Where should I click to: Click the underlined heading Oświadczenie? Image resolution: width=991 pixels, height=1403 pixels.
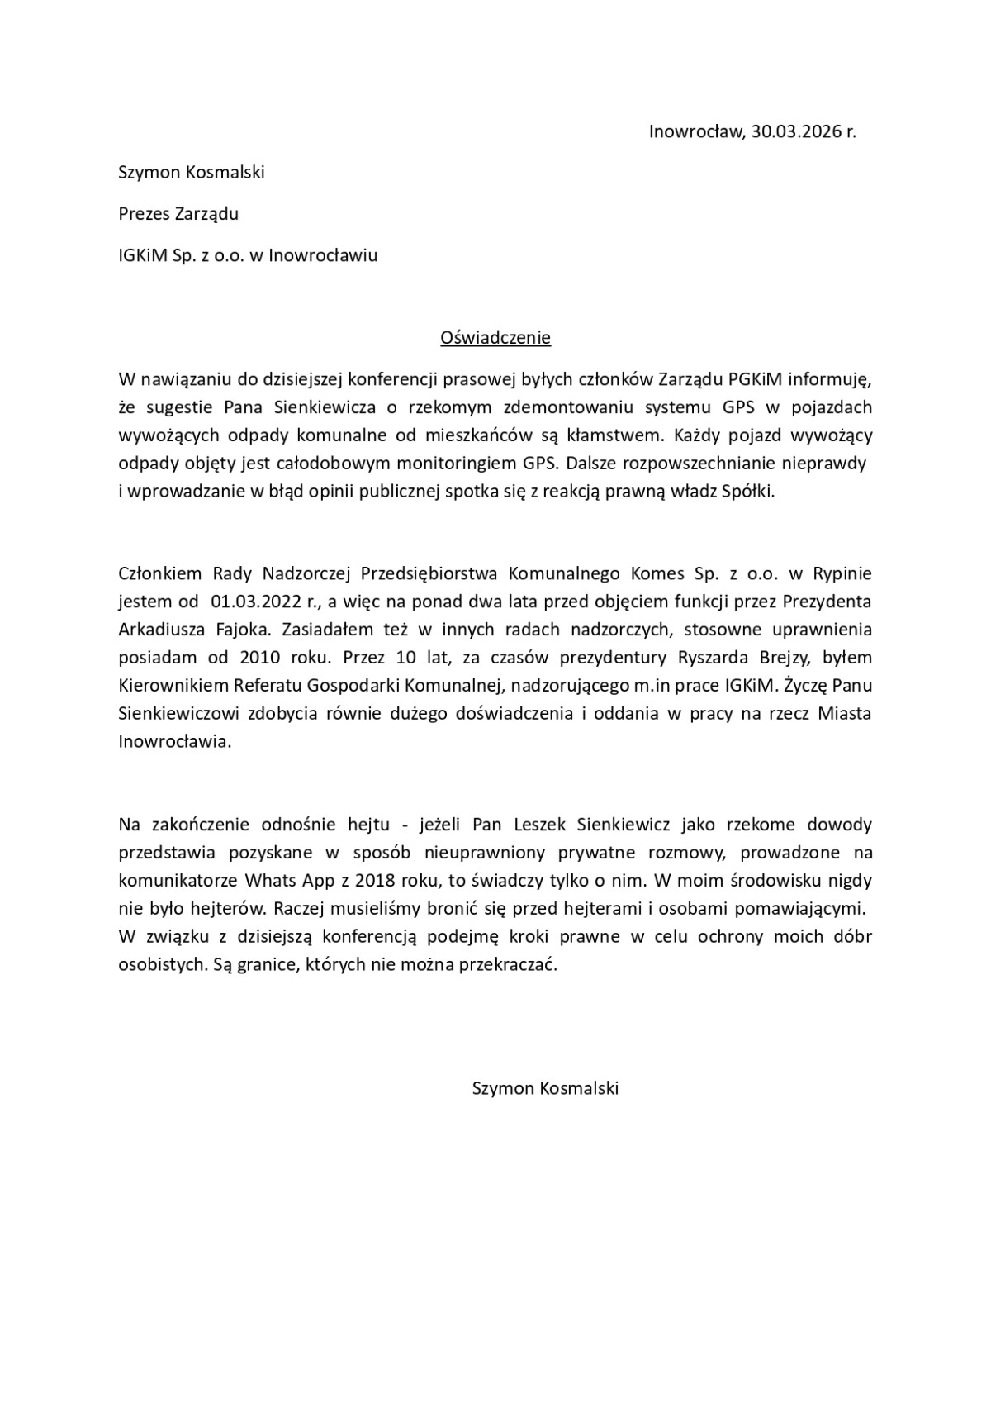[x=495, y=338]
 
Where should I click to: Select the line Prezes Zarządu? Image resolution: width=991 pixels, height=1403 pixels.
[x=178, y=214]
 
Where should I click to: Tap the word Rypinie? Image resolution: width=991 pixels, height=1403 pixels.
[x=842, y=573]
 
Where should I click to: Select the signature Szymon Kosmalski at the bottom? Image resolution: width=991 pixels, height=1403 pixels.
[x=545, y=1088]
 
